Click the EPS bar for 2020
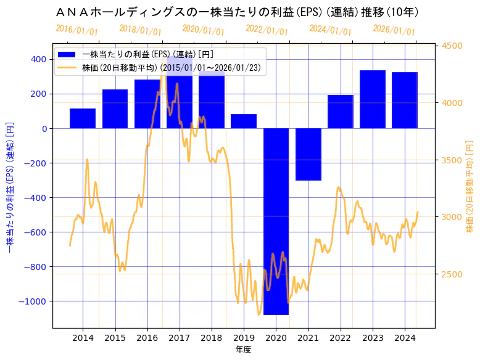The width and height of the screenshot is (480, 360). click(276, 221)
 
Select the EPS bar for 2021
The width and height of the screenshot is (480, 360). click(308, 154)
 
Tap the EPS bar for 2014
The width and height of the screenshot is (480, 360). click(83, 118)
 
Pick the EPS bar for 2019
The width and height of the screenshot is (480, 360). click(244, 121)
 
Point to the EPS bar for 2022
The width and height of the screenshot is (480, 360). click(341, 112)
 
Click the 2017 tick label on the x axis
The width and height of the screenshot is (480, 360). click(179, 338)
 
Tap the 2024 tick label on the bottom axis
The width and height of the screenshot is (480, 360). click(405, 338)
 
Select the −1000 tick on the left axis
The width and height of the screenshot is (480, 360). click(31, 301)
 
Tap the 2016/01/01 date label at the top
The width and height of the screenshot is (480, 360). click(77, 30)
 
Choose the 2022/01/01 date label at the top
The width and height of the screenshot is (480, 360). click(267, 30)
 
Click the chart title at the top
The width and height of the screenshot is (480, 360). click(237, 12)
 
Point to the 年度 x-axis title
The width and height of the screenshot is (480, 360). click(244, 350)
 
